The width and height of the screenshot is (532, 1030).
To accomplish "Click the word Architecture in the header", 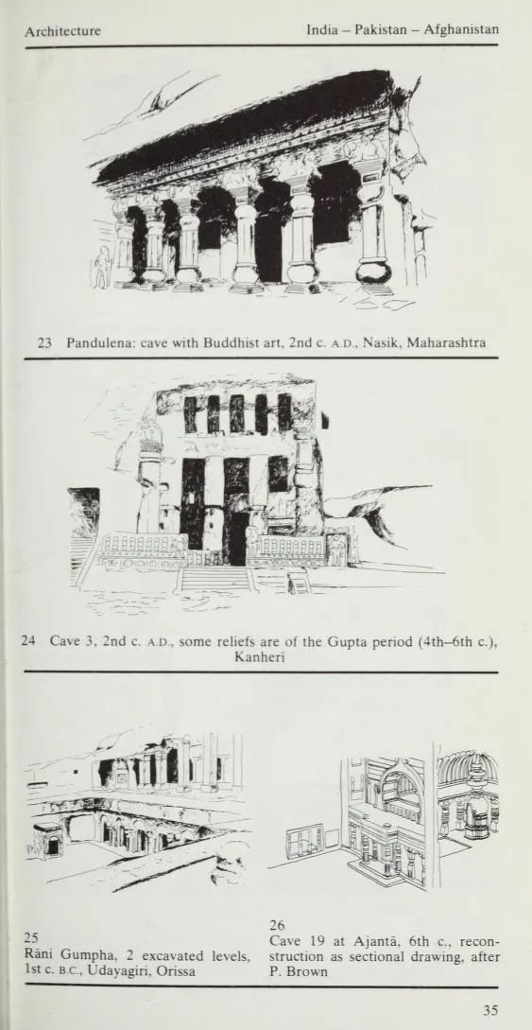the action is [63, 31].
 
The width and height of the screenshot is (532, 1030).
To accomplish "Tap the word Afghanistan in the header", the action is [461, 29].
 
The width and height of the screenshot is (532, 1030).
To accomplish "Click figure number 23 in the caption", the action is [44, 342].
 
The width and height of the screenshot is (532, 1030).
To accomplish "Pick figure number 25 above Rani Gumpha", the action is [30, 937].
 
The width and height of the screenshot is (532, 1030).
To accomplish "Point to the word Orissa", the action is [179, 970].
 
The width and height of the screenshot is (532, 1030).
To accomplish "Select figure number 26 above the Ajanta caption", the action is [277, 926].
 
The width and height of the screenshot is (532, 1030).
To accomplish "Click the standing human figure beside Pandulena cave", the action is [102, 267].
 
